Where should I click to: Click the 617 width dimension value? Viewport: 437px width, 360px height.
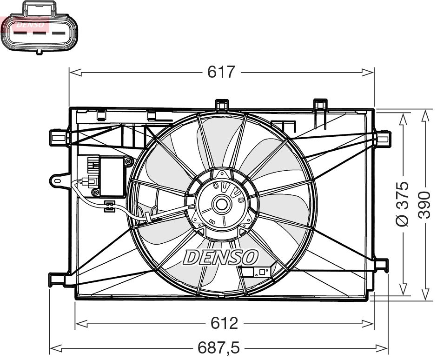tap(222, 72)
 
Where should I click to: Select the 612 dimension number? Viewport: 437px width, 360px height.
tap(224, 322)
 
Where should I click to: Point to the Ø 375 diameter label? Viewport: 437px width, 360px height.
tap(403, 204)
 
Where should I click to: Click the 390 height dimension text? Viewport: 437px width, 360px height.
tap(424, 204)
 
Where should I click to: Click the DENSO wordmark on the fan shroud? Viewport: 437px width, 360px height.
tap(220, 257)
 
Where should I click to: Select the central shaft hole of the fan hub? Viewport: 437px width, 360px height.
tap(221, 204)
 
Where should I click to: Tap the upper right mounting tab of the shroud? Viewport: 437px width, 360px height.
tap(383, 138)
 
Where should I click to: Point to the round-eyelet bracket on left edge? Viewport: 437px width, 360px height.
tap(58, 180)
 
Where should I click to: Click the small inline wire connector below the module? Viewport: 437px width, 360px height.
tap(109, 206)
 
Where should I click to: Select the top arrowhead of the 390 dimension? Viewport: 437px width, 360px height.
tap(424, 114)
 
